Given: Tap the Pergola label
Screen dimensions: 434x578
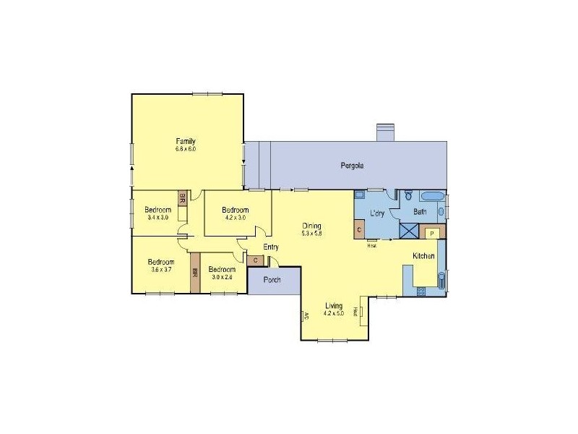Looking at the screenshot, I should (352, 166).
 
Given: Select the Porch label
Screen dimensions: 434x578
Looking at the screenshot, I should (272, 280).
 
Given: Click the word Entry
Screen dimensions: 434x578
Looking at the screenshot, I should (271, 247).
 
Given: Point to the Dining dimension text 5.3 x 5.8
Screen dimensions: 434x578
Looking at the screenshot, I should (313, 233).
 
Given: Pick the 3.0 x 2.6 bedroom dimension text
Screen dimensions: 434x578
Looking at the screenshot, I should (222, 276).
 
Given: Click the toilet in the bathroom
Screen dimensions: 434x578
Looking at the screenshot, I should (408, 195).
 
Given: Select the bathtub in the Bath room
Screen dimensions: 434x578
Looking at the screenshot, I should (433, 196).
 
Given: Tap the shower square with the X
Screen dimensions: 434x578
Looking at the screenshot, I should (409, 231).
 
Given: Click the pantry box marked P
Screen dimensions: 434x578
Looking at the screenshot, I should (431, 233).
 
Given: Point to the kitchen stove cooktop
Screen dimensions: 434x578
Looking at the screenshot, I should (420, 291).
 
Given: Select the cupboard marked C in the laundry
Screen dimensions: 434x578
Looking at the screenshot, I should (359, 230).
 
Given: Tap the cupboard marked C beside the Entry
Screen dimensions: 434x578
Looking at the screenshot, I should (256, 260).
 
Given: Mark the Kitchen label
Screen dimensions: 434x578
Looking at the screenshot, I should (423, 256).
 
